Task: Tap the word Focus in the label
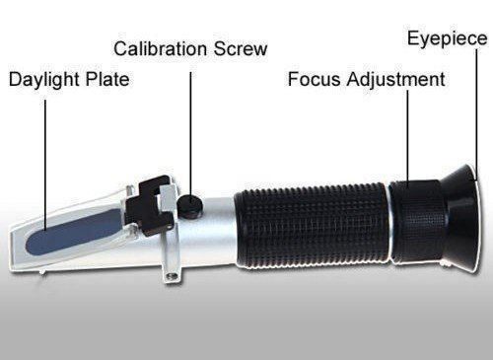(314, 79)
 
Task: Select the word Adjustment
(396, 81)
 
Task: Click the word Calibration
(161, 49)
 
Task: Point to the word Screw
(241, 49)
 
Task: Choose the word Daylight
(44, 81)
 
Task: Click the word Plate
(107, 79)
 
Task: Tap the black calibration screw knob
(190, 205)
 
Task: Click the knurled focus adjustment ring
(417, 222)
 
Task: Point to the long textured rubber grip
(313, 227)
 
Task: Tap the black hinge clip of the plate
(152, 205)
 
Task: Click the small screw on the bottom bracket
(171, 275)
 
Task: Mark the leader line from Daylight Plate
(45, 166)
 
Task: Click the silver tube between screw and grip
(219, 230)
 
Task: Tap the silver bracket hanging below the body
(172, 259)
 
